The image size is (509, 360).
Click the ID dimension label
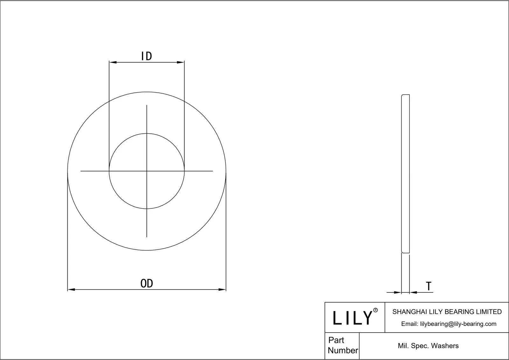147,56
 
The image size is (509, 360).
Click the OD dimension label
147,283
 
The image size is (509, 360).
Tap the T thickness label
429,286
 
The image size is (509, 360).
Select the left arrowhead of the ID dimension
113,62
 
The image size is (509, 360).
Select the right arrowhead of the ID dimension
181,62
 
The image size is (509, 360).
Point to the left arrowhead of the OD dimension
71,290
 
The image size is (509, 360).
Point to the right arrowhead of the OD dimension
222,290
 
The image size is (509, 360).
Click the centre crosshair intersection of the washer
147,171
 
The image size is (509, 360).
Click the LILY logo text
352,318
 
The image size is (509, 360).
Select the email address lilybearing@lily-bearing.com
458,324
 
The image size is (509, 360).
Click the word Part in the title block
336,340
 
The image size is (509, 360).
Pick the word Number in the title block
343,350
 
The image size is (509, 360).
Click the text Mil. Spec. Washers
428,346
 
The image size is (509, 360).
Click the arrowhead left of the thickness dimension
397,292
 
